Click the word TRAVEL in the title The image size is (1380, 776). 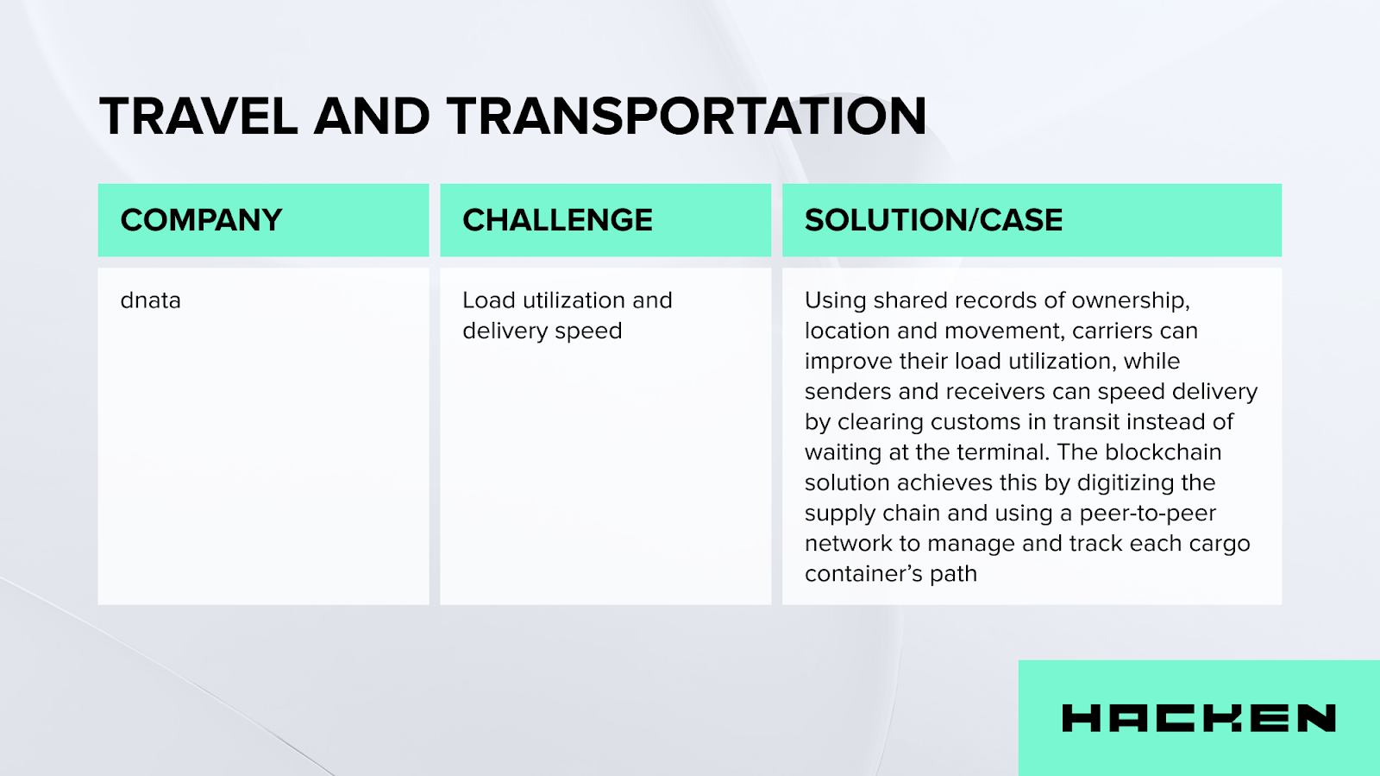pos(198,116)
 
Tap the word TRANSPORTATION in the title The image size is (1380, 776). pos(687,116)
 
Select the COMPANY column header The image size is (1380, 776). pos(201,220)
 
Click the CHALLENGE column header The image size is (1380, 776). pos(557,220)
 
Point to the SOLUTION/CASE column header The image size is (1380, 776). pos(933,220)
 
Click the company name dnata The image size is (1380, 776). pos(150,300)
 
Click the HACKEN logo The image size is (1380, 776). pos(1199,718)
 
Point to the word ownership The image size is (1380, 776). pos(1131,301)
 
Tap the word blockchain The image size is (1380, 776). pos(1164,451)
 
